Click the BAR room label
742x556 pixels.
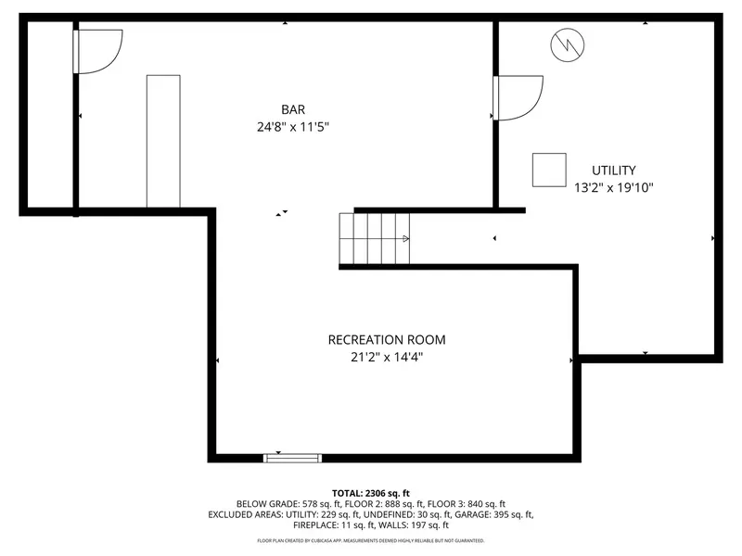293,109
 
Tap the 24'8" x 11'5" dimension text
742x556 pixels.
293,127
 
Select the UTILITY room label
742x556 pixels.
613,171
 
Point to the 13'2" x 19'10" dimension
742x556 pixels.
613,188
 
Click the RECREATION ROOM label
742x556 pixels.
387,340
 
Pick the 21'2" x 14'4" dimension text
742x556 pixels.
387,357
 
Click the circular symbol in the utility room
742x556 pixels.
568,44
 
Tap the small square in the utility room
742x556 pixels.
549,170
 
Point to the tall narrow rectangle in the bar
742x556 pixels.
163,141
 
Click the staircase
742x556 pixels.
375,238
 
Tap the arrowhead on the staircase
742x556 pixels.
405,239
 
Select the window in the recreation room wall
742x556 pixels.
292,458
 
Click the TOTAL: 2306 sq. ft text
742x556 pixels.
370,494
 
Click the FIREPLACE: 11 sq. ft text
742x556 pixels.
334,524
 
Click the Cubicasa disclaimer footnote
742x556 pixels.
370,540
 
